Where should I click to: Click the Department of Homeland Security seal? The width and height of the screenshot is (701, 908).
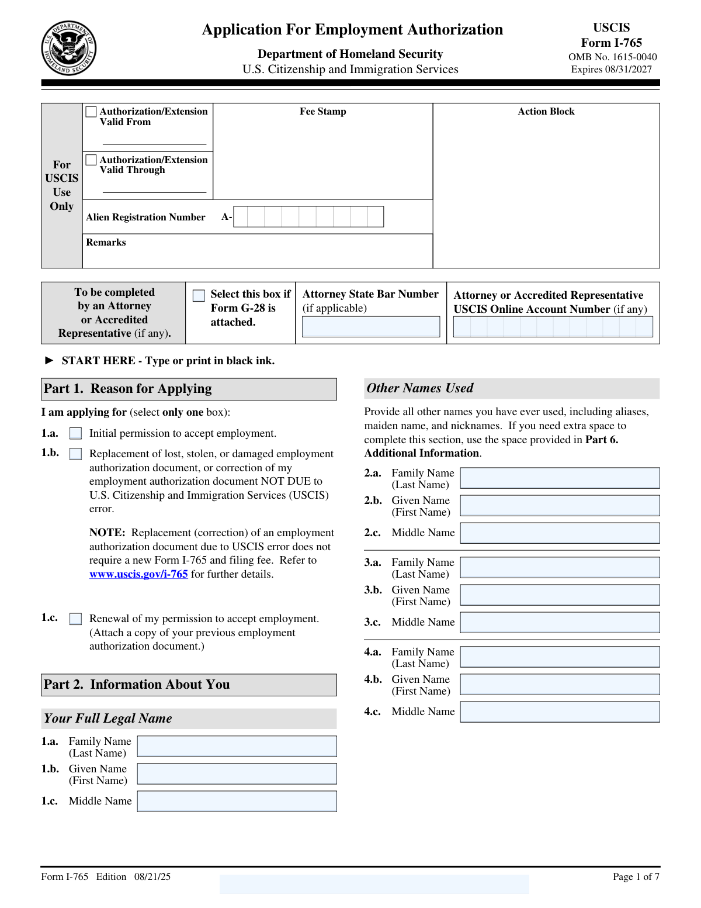(x=68, y=49)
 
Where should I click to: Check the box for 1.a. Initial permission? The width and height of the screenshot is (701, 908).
(x=76, y=434)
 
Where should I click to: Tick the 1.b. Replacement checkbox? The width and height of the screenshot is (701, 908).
(x=76, y=454)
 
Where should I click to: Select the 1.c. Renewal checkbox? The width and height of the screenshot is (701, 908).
(x=76, y=619)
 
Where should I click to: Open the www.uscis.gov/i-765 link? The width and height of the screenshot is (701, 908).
(x=138, y=574)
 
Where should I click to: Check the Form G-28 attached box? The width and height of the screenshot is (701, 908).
(x=199, y=295)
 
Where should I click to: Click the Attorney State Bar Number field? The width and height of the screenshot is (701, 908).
(x=371, y=327)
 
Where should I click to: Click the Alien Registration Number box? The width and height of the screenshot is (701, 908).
(x=308, y=217)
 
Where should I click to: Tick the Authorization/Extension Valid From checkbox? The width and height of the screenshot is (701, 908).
(x=91, y=112)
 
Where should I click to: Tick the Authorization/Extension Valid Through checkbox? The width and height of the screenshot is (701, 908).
(x=91, y=160)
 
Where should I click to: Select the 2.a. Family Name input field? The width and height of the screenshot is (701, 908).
(x=560, y=478)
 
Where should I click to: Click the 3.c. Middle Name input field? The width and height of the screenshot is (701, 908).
(x=560, y=623)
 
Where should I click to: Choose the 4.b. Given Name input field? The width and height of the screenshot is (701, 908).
(x=560, y=685)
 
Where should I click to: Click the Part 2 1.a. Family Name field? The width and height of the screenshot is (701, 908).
(x=237, y=747)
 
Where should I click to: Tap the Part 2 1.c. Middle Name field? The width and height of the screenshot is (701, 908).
(x=237, y=802)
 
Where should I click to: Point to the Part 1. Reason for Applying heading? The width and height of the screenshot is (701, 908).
(x=128, y=389)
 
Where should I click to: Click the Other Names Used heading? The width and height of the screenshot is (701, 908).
(x=420, y=388)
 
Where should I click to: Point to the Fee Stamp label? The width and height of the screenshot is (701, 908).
(x=323, y=112)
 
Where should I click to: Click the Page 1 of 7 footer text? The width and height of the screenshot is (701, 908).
(x=636, y=876)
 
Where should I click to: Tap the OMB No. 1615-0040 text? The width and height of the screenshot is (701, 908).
(x=612, y=57)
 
